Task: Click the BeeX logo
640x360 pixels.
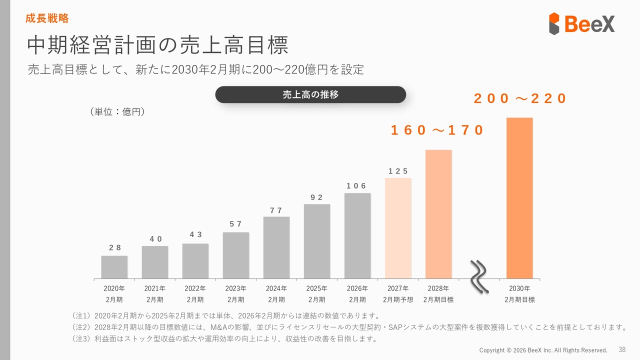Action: pos(581,23)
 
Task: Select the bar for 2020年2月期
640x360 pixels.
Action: pos(114,267)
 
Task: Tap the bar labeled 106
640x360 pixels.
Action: pos(357,235)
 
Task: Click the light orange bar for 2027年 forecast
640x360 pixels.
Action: pos(398,228)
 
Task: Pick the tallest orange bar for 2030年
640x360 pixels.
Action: pos(519,198)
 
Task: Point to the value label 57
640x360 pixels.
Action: pos(235,224)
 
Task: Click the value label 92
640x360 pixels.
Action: pos(316,197)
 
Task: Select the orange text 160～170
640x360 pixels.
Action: pos(437,130)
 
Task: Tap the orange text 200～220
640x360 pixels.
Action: pos(520,98)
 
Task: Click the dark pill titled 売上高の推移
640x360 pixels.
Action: pos(310,94)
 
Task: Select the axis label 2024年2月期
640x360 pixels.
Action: pos(276,294)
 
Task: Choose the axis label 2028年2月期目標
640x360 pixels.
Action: pos(438,294)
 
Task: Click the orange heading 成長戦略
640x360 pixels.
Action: pos(47,19)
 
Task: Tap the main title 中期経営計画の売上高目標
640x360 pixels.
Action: pos(157,45)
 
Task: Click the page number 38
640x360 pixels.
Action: pos(622,349)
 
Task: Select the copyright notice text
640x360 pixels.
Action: pos(543,350)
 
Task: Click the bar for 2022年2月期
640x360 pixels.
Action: pos(195,261)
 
